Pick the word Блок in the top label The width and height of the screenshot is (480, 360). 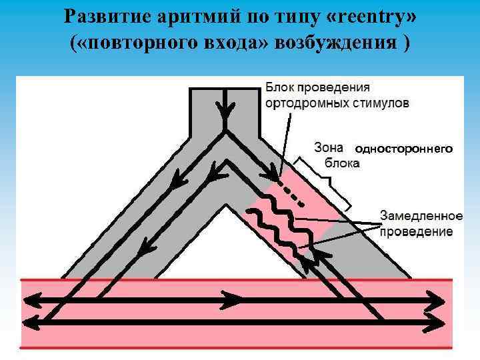[280, 87]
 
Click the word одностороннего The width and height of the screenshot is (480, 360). [403, 149]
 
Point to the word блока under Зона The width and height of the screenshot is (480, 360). [341, 163]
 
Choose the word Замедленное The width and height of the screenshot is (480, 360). [421, 216]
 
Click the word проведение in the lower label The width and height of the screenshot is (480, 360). [416, 232]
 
